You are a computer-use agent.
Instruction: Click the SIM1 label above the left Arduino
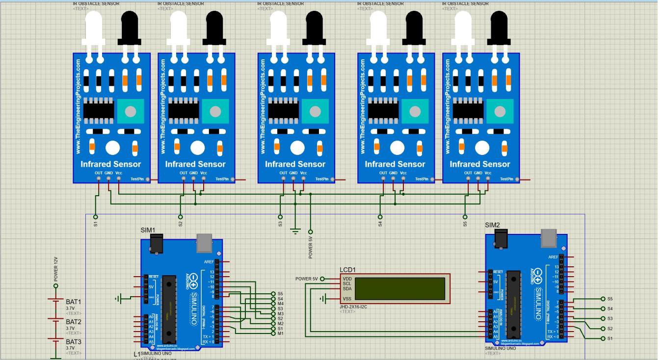(148, 230)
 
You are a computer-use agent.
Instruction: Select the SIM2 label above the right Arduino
(492, 225)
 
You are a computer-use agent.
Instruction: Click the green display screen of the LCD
(400, 288)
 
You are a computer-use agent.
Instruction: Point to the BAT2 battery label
(73, 322)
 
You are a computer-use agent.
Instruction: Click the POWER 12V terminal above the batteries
(56, 285)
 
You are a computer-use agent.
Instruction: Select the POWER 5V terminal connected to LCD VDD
(322, 279)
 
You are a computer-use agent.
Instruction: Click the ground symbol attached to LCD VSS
(323, 299)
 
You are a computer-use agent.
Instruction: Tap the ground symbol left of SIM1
(118, 298)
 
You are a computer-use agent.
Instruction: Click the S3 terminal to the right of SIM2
(603, 318)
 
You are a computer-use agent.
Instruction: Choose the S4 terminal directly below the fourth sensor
(380, 216)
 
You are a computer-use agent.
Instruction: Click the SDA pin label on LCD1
(347, 289)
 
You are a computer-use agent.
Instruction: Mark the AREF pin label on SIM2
(553, 257)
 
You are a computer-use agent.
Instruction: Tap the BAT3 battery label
(73, 342)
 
